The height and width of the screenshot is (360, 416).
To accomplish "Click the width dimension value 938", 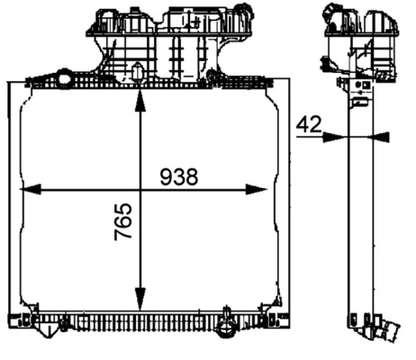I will pos(178,176).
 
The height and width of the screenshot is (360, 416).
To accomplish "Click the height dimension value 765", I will pos(123,221).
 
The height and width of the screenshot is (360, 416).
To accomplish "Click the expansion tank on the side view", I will pos(360,40).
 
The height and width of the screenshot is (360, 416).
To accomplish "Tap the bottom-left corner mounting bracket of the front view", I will pos(20,320).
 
